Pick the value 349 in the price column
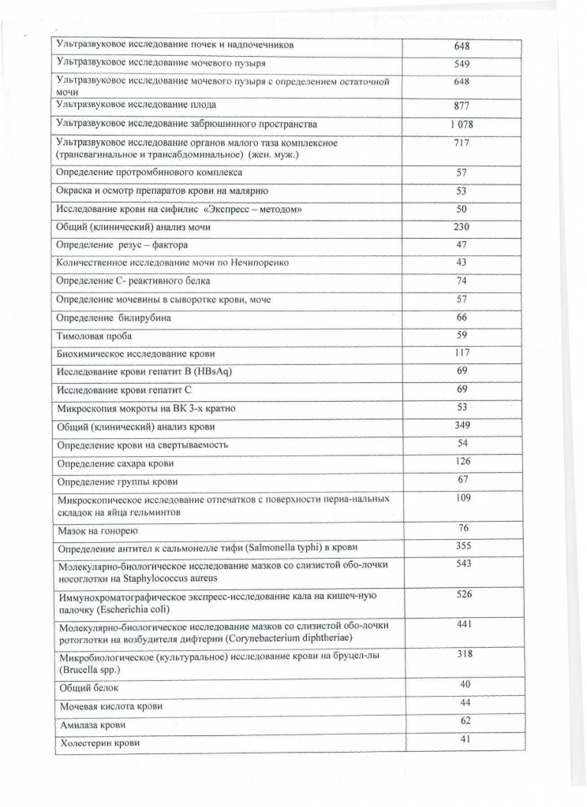coord(463,426)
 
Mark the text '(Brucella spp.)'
coord(88,669)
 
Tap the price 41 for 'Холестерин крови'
coord(463,739)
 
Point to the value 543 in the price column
coord(463,563)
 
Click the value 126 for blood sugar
coord(463,461)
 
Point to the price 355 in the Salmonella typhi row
coord(463,545)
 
